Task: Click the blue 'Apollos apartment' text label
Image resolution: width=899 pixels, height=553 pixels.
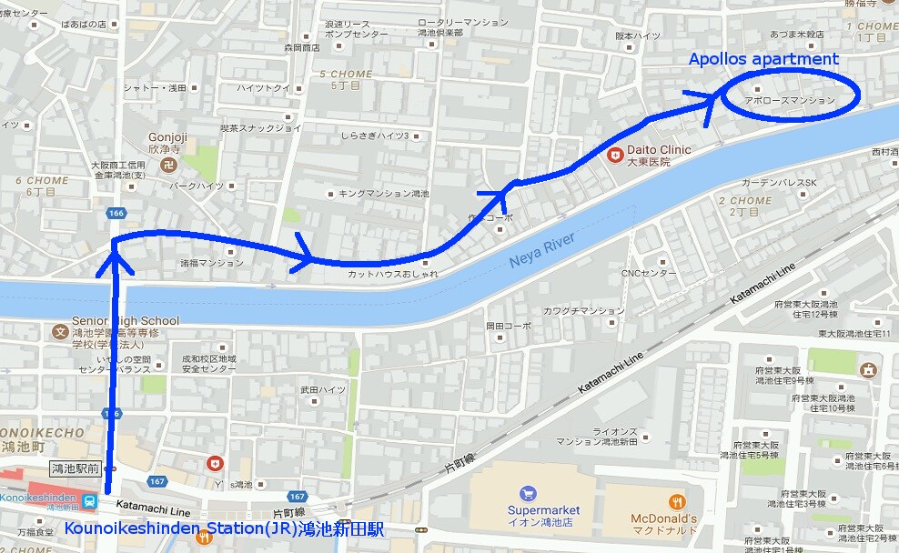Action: [763, 59]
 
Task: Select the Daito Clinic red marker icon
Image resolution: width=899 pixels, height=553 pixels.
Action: [616, 156]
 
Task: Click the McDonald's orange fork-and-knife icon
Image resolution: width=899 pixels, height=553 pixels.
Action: [676, 501]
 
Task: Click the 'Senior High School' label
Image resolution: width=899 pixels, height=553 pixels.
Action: [126, 321]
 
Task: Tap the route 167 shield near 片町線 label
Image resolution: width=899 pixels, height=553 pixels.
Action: [297, 497]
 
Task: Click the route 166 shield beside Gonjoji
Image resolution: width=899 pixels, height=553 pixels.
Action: [116, 213]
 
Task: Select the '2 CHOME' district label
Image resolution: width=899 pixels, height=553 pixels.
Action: [744, 200]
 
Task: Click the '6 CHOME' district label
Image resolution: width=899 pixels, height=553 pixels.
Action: [42, 180]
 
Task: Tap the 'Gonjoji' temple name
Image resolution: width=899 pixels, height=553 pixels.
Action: [167, 138]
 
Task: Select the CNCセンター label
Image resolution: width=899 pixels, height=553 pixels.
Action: [649, 272]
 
